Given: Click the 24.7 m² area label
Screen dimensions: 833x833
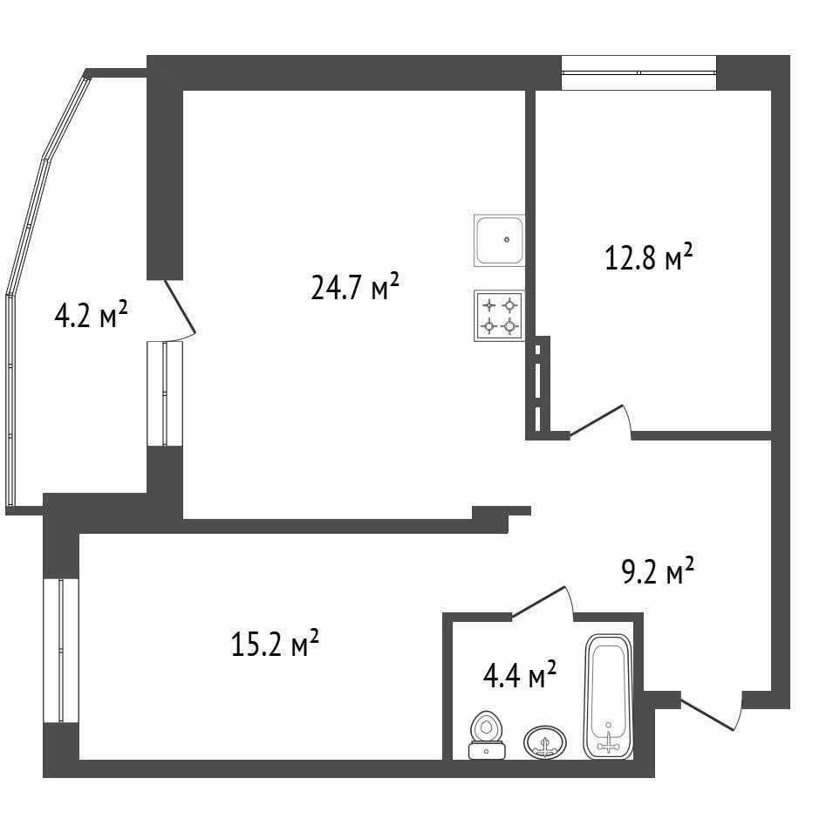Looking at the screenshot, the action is [354, 287].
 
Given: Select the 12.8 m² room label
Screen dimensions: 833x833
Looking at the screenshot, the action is [649, 257].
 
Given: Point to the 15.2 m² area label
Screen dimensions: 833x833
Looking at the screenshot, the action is [275, 643].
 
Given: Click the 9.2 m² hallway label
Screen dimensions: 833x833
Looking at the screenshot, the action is [658, 570].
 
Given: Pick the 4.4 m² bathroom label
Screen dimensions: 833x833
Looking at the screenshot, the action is [520, 674].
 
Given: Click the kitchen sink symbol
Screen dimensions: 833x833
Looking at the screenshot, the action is [500, 240].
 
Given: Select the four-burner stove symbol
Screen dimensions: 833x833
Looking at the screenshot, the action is [500, 316].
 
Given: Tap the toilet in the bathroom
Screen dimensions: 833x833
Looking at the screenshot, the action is [486, 734].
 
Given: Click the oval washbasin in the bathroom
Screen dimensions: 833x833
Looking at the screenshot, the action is [544, 741].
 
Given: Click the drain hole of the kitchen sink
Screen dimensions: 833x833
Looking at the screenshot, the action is [507, 240].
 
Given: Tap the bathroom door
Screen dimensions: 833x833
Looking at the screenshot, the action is [543, 603].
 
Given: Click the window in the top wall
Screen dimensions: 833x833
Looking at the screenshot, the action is [639, 72].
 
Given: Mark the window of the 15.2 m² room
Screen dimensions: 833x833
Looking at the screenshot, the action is [61, 650].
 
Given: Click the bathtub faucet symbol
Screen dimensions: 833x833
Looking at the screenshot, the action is [608, 742].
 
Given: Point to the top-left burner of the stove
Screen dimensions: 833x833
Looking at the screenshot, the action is [488, 305].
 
